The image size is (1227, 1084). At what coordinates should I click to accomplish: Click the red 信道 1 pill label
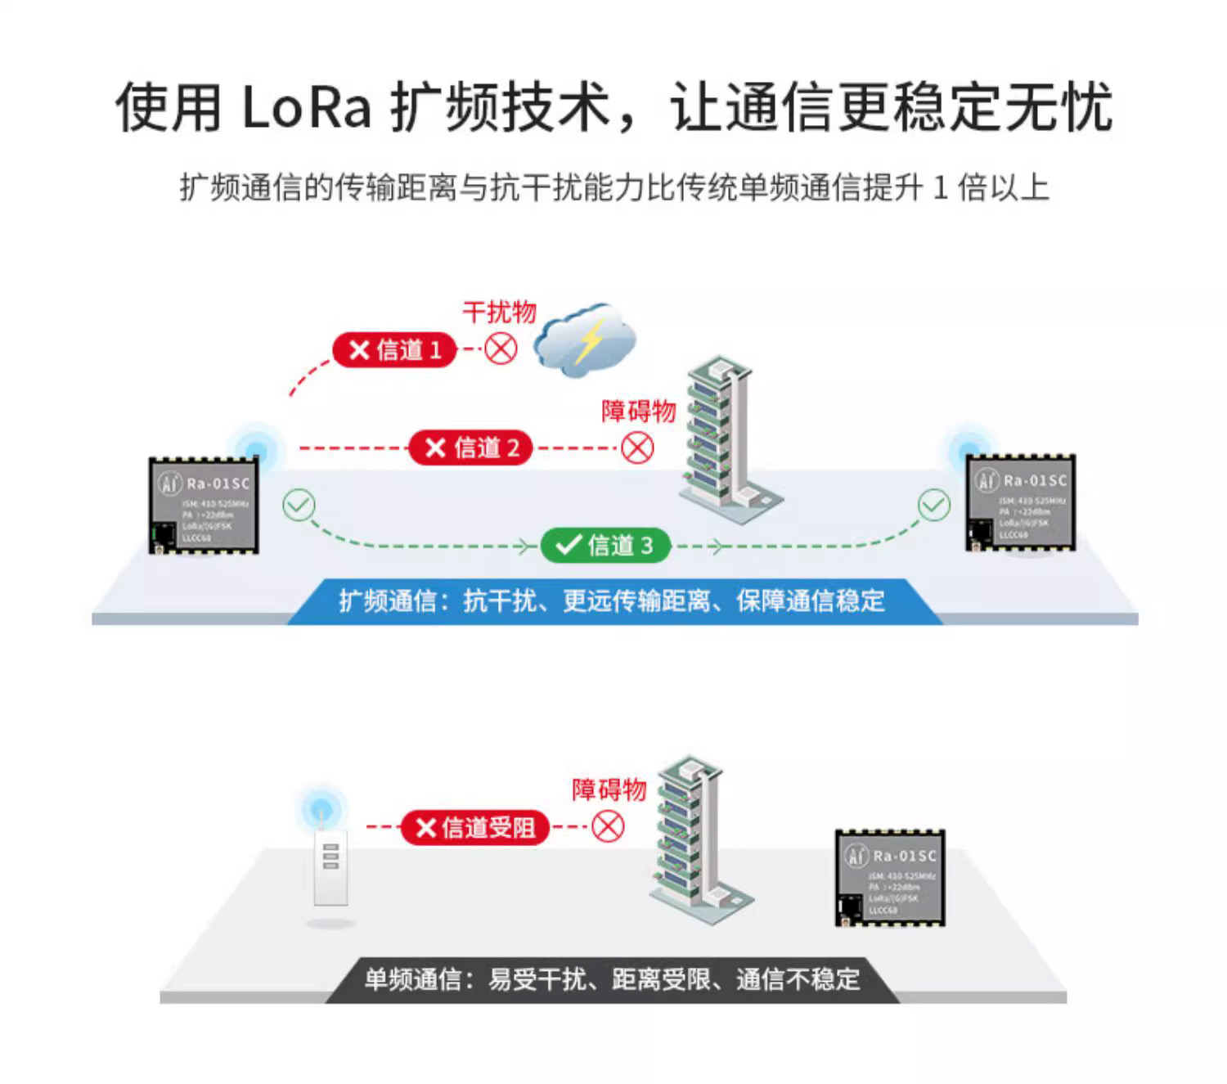pyautogui.click(x=394, y=350)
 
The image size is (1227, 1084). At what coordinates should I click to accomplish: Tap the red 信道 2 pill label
pyautogui.click(x=471, y=448)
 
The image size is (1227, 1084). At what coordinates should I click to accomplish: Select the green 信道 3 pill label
pyautogui.click(x=605, y=546)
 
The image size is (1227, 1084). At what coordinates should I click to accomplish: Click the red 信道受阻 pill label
pyautogui.click(x=474, y=828)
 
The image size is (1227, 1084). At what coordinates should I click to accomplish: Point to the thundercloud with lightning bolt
pyautogui.click(x=586, y=340)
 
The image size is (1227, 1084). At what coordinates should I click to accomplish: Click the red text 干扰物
pyautogui.click(x=499, y=312)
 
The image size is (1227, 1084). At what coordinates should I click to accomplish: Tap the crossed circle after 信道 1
pyautogui.click(x=501, y=349)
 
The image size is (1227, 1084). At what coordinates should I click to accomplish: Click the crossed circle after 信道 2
pyautogui.click(x=637, y=448)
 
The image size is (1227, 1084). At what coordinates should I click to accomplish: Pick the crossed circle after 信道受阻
pyautogui.click(x=608, y=826)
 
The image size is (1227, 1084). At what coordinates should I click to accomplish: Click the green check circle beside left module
pyautogui.click(x=299, y=505)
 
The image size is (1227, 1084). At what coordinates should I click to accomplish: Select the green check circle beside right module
pyautogui.click(x=933, y=505)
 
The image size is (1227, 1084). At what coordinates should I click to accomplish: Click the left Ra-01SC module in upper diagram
pyautogui.click(x=204, y=506)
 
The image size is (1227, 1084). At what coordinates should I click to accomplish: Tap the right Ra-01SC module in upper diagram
pyautogui.click(x=1021, y=502)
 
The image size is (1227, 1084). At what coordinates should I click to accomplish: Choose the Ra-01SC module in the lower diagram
pyautogui.click(x=890, y=878)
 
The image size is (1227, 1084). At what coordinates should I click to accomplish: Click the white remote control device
pyautogui.click(x=330, y=867)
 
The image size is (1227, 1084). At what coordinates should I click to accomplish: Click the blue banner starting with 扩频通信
pyautogui.click(x=613, y=601)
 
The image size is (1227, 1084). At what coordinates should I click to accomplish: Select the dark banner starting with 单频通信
pyautogui.click(x=613, y=979)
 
